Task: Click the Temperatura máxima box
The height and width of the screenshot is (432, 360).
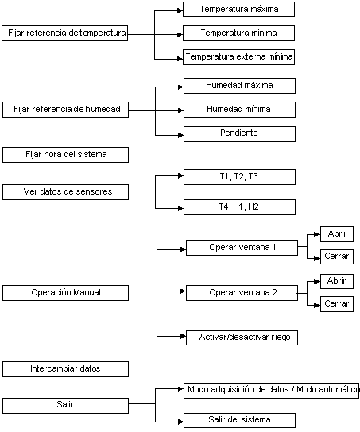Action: point(238,9)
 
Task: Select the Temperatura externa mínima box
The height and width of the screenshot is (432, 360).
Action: point(238,57)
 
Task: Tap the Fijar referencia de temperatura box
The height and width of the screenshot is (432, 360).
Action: point(65,33)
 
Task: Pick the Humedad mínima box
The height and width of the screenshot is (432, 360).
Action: point(239,110)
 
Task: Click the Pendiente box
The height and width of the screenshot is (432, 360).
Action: point(239,134)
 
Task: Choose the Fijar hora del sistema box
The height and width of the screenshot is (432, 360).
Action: point(66,155)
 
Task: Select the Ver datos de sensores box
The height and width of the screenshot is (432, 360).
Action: point(66,192)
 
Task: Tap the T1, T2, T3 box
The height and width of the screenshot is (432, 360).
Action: point(239,177)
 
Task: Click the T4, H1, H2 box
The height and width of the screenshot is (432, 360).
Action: point(239,207)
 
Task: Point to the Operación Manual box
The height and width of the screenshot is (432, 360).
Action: point(66,293)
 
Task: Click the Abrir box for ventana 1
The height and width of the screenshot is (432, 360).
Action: point(337,234)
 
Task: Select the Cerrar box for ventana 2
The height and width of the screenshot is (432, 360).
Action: point(337,304)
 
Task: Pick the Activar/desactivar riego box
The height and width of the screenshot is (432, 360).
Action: point(242,337)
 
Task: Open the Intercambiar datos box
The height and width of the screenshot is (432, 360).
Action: point(66,369)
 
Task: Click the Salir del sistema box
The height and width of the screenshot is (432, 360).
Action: point(239,420)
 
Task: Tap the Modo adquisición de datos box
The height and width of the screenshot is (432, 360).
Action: point(272,391)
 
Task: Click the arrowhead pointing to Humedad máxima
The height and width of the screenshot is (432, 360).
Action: point(181,87)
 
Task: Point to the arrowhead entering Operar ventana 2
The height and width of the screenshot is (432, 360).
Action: point(184,291)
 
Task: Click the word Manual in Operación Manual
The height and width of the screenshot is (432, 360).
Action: point(87,292)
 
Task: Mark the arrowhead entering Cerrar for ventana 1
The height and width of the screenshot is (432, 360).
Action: point(317,259)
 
